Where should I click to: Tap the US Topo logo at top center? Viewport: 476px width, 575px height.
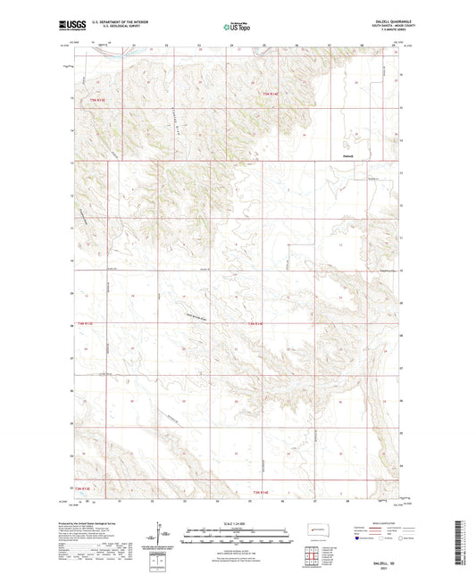237,28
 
